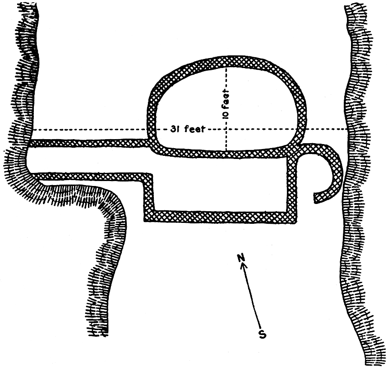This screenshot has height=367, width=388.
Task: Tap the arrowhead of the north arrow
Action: tap(244, 266)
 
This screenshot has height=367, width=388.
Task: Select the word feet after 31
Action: tap(195, 129)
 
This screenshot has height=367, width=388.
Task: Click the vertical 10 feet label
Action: tap(226, 104)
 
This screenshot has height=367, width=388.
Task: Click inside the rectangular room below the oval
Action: tap(220, 185)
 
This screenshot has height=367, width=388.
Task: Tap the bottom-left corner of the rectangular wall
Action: tap(144, 221)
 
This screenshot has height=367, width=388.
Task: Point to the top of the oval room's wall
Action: tap(226, 61)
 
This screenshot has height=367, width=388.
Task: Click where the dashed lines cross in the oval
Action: tap(226, 129)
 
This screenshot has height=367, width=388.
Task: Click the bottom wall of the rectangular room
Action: tap(220, 217)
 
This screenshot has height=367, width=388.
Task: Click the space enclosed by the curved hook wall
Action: tap(314, 173)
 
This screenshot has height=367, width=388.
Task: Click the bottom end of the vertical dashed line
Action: tap(226, 150)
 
